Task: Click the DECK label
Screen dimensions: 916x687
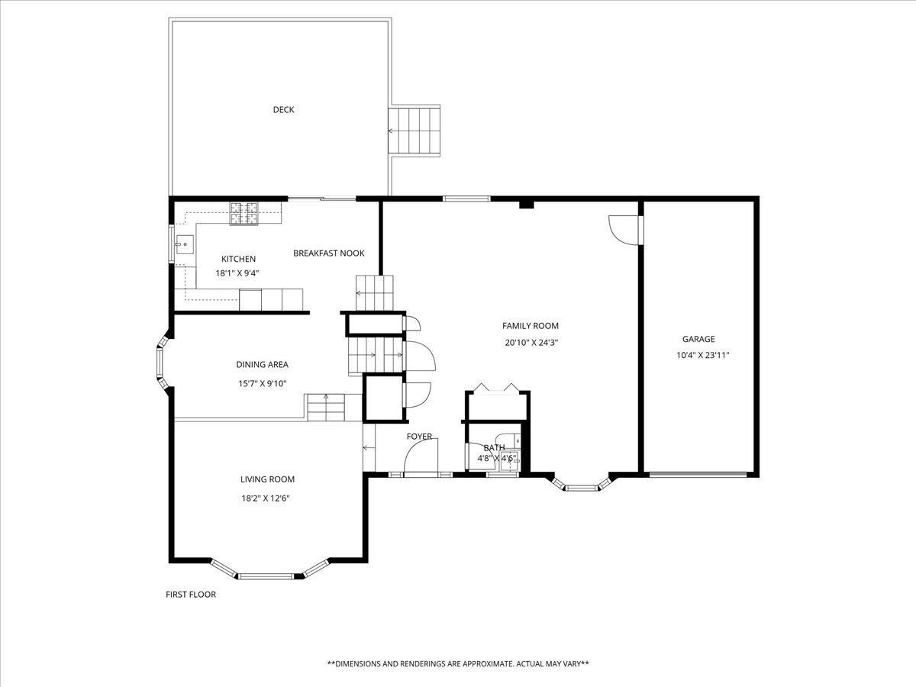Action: (283, 110)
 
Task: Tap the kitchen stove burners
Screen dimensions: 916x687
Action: (244, 213)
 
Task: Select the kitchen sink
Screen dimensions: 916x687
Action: (185, 244)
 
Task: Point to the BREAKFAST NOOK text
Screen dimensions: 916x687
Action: (329, 253)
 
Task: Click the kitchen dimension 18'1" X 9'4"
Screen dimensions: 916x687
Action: (237, 273)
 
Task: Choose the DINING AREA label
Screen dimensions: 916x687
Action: (262, 365)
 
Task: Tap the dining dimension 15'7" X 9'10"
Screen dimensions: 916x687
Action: (262, 383)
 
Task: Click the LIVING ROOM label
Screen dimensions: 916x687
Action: (267, 479)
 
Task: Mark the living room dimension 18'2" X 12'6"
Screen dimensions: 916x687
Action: (266, 498)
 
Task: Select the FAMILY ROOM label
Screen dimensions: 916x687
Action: (530, 326)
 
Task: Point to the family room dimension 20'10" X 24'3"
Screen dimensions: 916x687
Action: (531, 343)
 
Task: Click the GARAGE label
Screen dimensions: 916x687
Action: (698, 339)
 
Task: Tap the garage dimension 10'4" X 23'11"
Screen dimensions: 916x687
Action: (703, 356)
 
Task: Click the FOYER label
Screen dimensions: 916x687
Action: (419, 437)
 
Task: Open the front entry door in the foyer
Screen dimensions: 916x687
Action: (421, 457)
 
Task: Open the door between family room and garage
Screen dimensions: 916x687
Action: (625, 230)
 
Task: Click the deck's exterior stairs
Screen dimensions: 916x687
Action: (414, 131)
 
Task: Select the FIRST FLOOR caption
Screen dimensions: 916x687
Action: (191, 595)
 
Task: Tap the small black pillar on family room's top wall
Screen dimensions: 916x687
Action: (527, 205)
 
